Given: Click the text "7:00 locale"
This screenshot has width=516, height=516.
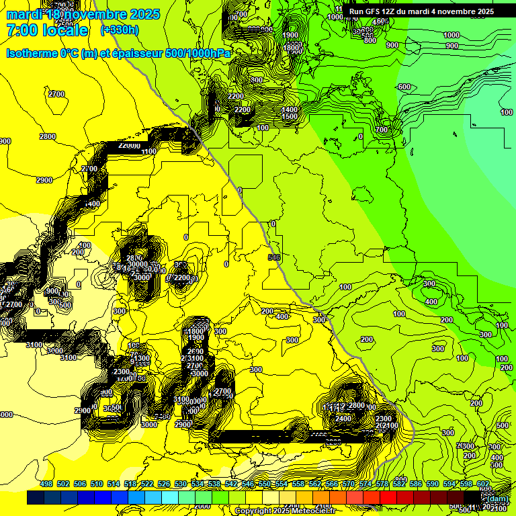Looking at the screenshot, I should (x=47, y=30).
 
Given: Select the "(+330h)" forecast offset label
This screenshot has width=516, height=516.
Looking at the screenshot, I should (x=120, y=30).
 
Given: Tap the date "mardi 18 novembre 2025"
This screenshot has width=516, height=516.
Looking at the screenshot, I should (x=83, y=14).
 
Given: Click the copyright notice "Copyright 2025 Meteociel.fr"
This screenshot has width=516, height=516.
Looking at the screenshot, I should (x=285, y=511).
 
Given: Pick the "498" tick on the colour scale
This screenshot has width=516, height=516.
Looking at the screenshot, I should (x=46, y=484).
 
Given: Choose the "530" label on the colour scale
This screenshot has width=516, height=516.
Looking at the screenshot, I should (x=181, y=484).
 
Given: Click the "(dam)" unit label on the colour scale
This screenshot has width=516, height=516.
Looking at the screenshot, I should (x=497, y=498).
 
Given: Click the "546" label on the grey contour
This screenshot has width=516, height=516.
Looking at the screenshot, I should (x=273, y=257).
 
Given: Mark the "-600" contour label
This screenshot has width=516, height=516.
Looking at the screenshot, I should (x=403, y=87).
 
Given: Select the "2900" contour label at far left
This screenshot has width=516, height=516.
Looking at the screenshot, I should (x=44, y=180).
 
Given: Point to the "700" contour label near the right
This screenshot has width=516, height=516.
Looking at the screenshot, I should (x=382, y=130).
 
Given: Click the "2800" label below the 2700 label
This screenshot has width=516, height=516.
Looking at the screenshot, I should (x=48, y=136).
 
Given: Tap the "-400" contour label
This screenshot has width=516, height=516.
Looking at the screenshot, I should (x=282, y=316).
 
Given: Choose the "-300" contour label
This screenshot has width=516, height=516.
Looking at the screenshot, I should (x=292, y=340).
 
